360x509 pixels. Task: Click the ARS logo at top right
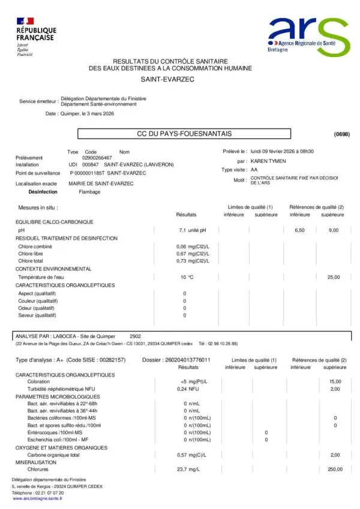tap(308, 37)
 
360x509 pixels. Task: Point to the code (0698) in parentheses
tap(341, 134)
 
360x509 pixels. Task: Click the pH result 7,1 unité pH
tap(192, 230)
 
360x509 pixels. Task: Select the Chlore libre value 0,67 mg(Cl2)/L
tap(192, 254)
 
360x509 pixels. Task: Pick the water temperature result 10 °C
tap(187, 277)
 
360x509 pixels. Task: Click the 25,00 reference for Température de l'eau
tap(333, 277)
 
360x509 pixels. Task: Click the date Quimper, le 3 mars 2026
tap(87, 113)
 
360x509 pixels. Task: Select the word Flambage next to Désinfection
tap(89, 192)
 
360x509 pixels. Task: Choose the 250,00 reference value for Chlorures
tap(335, 469)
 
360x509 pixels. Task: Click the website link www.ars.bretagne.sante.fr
tap(37, 498)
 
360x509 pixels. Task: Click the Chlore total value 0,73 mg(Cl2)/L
tap(192, 261)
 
